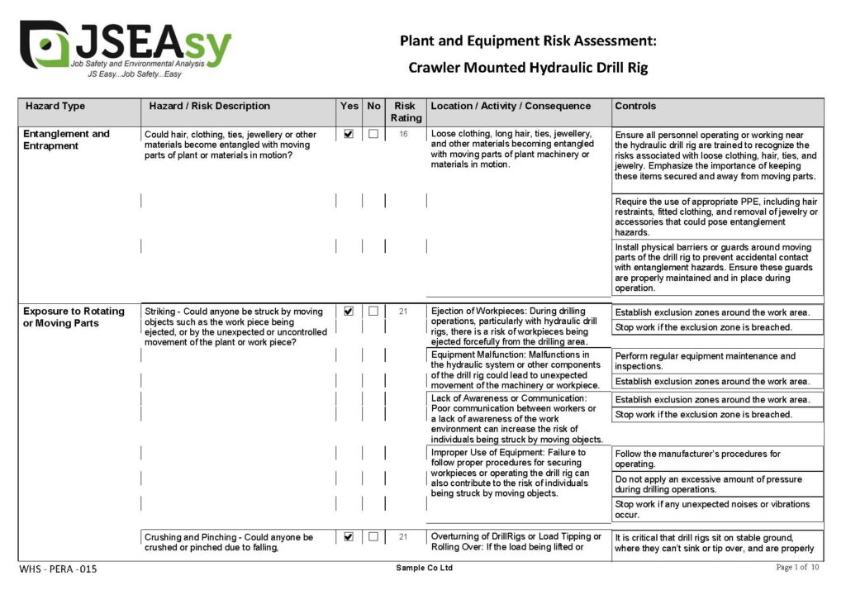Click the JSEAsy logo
(x=124, y=45)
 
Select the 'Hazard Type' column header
(x=55, y=107)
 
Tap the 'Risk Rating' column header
(x=405, y=112)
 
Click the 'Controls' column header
(x=635, y=107)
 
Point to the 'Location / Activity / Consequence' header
(x=511, y=107)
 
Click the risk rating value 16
(x=404, y=134)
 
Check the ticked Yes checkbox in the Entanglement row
(x=349, y=134)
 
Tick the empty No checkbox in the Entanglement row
(x=373, y=134)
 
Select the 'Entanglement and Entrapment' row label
(x=66, y=140)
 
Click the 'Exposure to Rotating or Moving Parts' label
(x=74, y=317)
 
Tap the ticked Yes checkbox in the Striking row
(x=349, y=312)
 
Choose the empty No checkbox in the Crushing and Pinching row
(x=373, y=537)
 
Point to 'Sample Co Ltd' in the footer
(x=425, y=569)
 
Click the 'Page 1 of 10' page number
(x=797, y=568)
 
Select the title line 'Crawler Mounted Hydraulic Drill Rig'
(x=528, y=68)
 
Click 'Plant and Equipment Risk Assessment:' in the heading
(x=528, y=40)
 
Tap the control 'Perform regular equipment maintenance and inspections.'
(x=706, y=361)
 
